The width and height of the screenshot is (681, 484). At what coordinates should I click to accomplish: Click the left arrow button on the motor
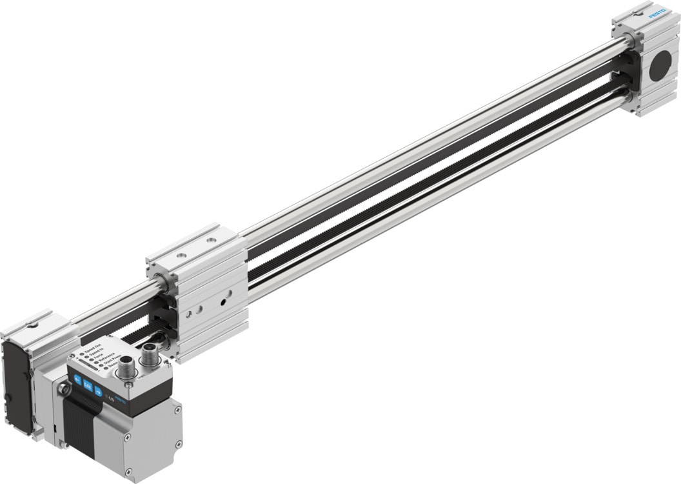77,379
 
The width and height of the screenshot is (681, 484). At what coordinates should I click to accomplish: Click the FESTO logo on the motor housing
120,401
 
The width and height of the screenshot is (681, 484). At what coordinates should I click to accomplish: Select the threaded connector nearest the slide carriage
150,355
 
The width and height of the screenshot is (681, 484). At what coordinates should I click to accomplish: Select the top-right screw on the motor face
177,410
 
